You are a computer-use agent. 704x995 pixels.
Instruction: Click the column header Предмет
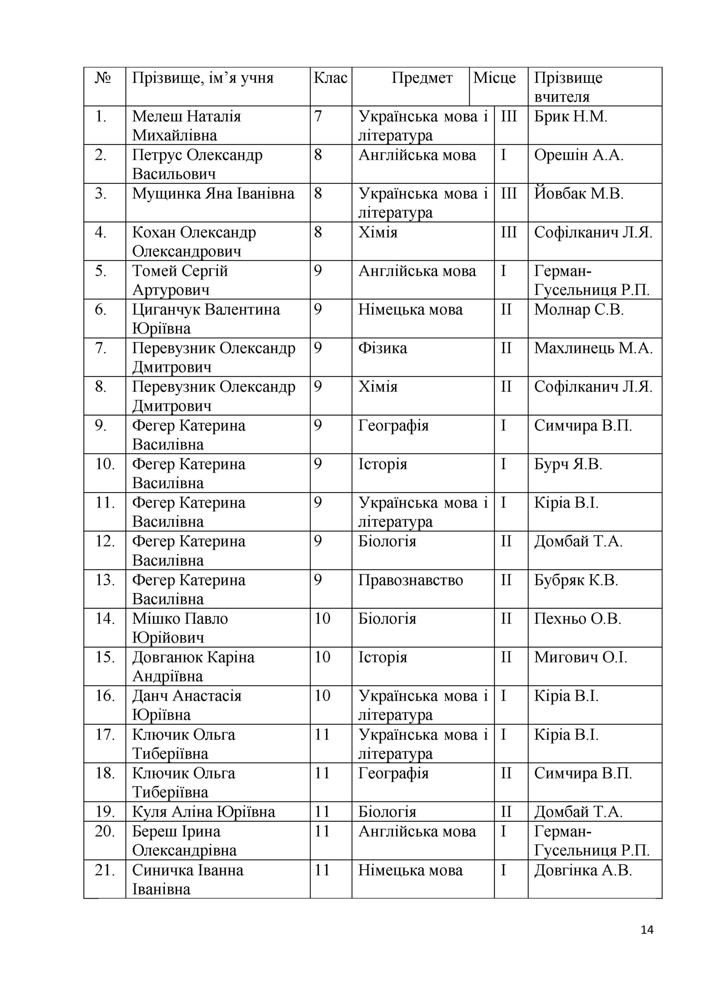tap(422, 78)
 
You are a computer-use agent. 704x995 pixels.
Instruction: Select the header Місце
tap(494, 78)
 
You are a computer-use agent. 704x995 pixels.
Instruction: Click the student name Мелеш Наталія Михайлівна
tap(187, 126)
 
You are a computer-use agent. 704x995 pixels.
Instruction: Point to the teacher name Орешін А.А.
tap(579, 155)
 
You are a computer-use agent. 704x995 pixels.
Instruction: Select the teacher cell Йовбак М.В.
tap(579, 194)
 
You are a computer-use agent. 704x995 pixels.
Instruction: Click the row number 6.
tap(101, 310)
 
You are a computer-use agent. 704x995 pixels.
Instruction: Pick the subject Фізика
tap(383, 348)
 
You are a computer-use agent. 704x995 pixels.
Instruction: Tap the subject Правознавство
tap(411, 580)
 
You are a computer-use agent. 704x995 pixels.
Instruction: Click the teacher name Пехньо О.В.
tap(577, 619)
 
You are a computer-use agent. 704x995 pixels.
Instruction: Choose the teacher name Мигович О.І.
tap(580, 657)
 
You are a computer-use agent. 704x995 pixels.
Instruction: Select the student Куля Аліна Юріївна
tap(203, 812)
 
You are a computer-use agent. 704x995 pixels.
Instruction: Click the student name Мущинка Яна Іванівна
tap(213, 194)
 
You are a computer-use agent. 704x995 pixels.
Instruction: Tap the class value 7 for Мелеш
tap(318, 117)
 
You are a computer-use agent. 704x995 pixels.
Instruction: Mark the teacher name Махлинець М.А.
tap(593, 348)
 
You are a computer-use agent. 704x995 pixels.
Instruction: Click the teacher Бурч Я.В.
tap(568, 464)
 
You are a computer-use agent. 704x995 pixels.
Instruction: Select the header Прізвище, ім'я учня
tap(203, 78)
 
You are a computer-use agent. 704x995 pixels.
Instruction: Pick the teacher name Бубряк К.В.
tap(576, 580)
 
